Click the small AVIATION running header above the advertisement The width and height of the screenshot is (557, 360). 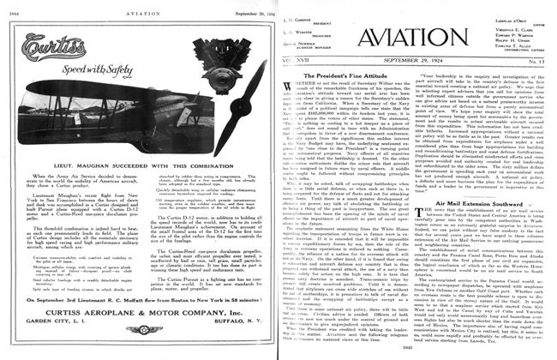pyautogui.click(x=139, y=7)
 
